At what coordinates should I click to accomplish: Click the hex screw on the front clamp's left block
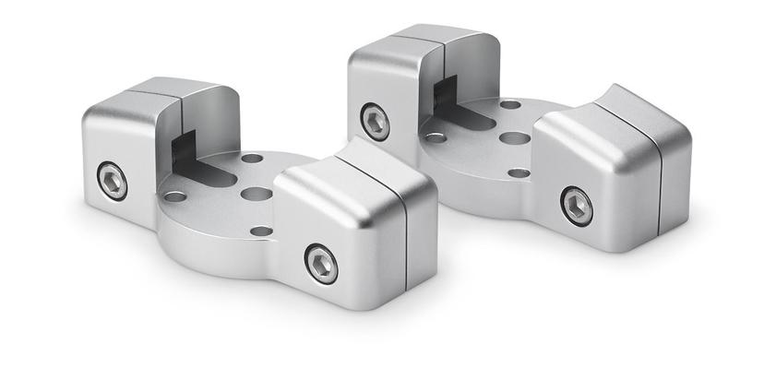[112, 181]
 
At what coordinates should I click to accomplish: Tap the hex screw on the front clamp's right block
[321, 264]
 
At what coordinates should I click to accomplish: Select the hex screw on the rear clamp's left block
[375, 122]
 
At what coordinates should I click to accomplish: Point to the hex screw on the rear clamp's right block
[577, 206]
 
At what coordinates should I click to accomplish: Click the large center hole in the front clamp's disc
[257, 195]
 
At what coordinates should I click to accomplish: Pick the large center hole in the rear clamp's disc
[515, 138]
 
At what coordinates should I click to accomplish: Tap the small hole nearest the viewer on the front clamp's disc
[262, 231]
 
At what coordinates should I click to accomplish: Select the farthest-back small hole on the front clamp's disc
[252, 159]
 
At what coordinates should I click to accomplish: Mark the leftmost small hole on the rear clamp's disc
[436, 138]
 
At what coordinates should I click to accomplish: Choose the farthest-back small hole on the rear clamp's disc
[510, 104]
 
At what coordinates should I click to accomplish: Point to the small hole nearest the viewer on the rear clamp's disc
[519, 173]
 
